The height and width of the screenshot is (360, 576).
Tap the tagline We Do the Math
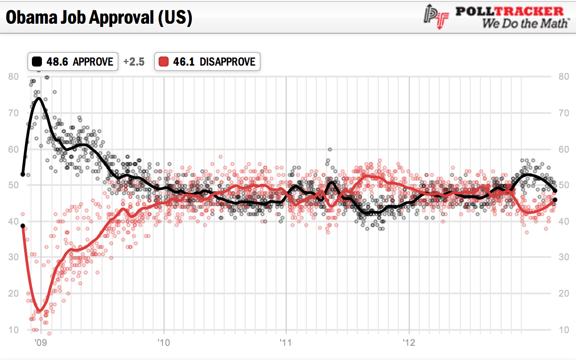525,23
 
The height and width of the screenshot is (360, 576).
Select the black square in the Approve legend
37,62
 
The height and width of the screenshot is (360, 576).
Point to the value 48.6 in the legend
57,62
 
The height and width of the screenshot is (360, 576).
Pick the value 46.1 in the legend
184,62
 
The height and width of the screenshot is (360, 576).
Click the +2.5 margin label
134,62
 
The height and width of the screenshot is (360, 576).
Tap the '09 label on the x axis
41,341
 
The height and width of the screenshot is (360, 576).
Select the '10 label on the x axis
164,341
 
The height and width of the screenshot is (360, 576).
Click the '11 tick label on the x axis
286,341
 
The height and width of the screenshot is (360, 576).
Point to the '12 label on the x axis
409,341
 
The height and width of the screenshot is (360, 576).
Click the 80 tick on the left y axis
14,77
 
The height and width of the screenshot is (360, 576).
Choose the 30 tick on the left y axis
14,257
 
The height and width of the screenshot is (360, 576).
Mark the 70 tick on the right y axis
564,113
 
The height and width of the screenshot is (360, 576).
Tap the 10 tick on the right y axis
564,329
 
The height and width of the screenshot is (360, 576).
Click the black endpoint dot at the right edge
555,191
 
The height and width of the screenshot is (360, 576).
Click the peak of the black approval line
39,98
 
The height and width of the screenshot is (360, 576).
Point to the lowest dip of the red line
40,311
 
